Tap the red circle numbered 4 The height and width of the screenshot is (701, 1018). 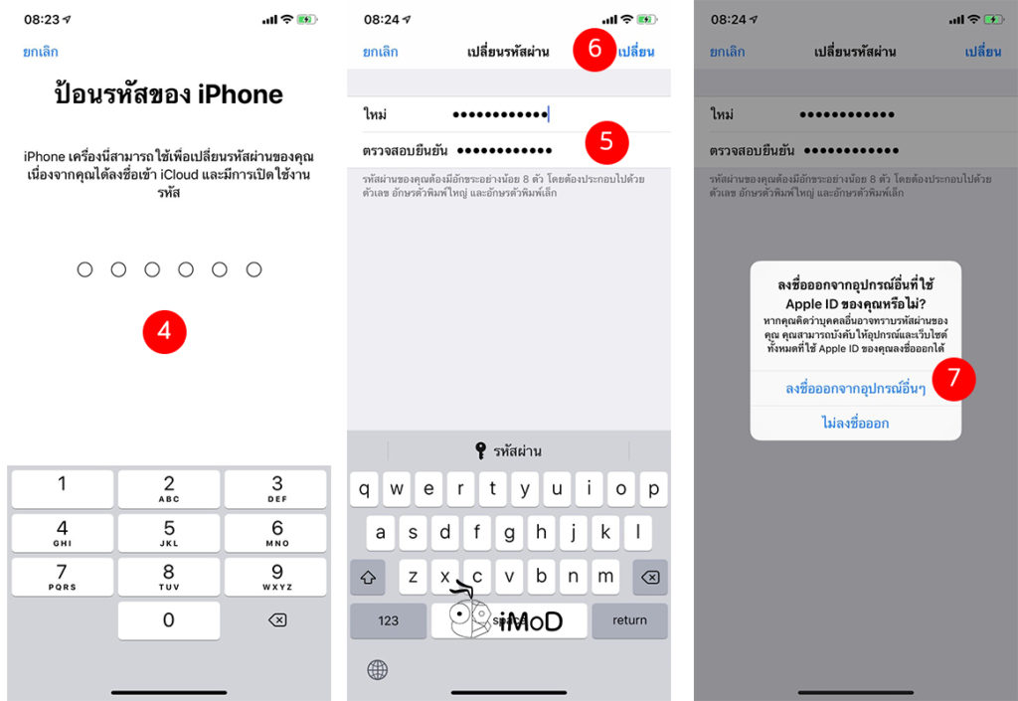[x=164, y=330]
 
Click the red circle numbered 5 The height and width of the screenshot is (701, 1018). [x=606, y=143]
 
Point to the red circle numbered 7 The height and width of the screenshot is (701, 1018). [x=953, y=378]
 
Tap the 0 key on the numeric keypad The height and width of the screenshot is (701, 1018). [x=169, y=619]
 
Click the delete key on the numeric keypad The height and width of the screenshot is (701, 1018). [x=277, y=619]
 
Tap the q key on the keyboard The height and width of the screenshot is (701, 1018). [x=367, y=489]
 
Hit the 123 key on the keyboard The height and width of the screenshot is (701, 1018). [x=388, y=619]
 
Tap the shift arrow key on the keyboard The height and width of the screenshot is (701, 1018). [x=367, y=577]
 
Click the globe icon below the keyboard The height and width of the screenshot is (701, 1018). [x=378, y=669]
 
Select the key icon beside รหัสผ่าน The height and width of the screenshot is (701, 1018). [x=481, y=450]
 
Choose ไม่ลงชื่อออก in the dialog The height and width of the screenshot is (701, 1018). [x=855, y=423]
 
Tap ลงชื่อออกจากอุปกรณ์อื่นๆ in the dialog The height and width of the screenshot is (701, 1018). [x=855, y=388]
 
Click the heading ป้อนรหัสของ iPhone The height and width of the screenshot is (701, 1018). [x=168, y=94]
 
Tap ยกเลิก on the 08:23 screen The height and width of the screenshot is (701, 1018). [x=41, y=52]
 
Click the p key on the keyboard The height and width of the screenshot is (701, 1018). [x=653, y=489]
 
